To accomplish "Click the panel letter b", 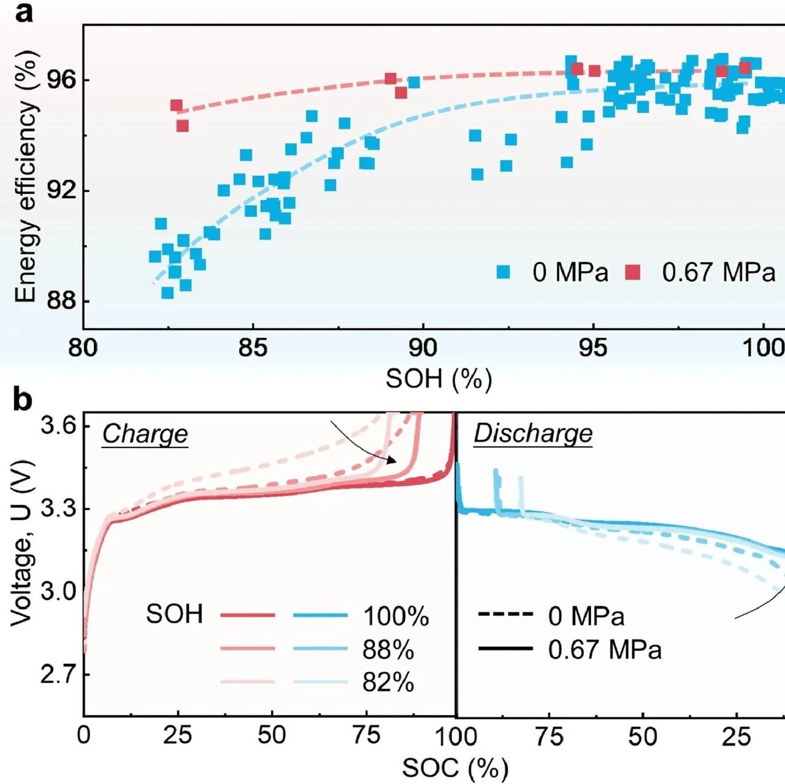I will [23, 400].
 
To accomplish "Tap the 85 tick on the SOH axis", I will [253, 348].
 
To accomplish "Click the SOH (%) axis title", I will [438, 378].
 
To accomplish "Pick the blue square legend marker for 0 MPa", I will [504, 272].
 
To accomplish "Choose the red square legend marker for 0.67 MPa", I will [632, 272].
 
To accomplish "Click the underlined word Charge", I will [145, 434].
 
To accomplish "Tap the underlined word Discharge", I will [533, 434].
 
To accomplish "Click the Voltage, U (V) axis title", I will [21, 542].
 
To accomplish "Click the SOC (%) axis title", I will [455, 767].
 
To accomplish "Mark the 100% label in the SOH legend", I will [396, 616].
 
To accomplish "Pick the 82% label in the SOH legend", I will [388, 682].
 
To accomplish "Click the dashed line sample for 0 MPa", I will [505, 614].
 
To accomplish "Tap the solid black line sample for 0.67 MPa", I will [505, 649].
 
